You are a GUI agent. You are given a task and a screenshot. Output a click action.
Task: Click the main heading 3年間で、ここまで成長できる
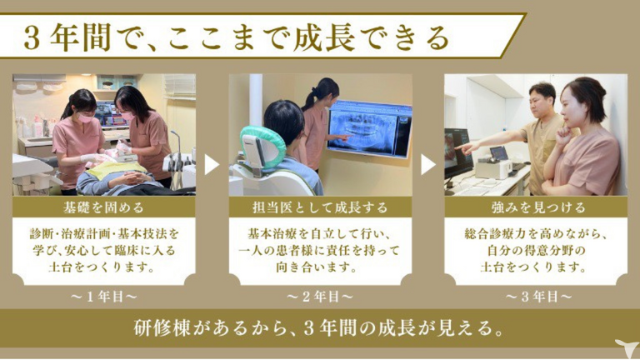click(x=237, y=37)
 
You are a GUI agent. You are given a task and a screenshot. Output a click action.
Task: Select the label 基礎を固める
click(x=103, y=207)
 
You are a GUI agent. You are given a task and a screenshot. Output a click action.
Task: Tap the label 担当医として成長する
click(x=320, y=207)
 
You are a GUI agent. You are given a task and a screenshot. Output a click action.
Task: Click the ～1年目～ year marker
click(x=103, y=297)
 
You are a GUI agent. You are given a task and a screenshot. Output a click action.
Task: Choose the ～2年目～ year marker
click(x=320, y=297)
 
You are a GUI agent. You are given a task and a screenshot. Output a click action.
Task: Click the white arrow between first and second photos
click(x=211, y=164)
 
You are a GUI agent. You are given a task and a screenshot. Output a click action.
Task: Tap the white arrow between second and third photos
click(x=427, y=164)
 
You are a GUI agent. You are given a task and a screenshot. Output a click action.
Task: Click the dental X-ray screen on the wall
click(x=369, y=128)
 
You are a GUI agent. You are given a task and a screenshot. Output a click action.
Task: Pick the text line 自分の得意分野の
click(x=537, y=250)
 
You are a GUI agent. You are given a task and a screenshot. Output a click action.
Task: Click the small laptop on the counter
click(x=499, y=154)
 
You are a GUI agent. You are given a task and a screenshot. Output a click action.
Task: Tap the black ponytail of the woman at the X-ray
click(x=309, y=98)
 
